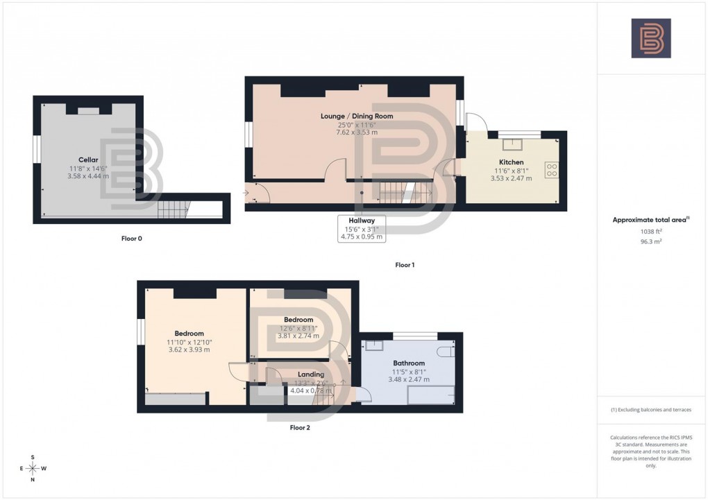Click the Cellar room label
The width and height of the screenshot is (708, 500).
pos(87,159)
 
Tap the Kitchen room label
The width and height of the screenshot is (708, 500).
pos(511,162)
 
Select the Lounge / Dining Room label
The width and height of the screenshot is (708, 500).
pos(357,116)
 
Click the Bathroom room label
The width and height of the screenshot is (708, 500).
pos(409,363)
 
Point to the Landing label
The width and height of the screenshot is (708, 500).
pos(312,374)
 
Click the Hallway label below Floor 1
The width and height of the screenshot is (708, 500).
pos(361,221)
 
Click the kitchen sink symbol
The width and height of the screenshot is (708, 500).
pos(515,144)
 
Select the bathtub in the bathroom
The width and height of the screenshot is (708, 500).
pos(430,395)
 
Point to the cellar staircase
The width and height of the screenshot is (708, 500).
pos(174,209)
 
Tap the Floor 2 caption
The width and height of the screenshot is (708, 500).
pos(300,428)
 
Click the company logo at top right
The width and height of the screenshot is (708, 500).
pos(650,38)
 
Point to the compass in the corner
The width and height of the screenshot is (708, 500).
pos(32,468)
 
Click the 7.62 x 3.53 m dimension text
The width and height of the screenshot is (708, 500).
pos(357,132)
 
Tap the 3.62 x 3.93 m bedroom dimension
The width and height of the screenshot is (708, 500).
pos(189,350)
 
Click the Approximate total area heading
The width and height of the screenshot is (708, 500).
pos(650,220)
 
